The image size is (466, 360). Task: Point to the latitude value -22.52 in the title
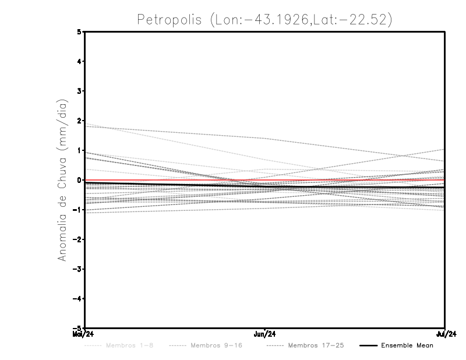pyautogui.click(x=363, y=19)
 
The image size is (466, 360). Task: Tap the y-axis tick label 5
pyautogui.click(x=79, y=31)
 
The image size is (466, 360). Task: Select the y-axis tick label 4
pyautogui.click(x=79, y=61)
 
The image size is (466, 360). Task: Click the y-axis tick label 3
pyautogui.click(x=79, y=91)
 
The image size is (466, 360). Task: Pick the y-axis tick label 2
pyautogui.click(x=79, y=121)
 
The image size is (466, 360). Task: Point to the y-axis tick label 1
pyautogui.click(x=79, y=150)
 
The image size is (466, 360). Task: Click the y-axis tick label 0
pyautogui.click(x=79, y=180)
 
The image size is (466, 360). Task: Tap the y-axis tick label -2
pyautogui.click(x=77, y=239)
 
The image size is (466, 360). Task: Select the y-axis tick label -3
pyautogui.click(x=77, y=269)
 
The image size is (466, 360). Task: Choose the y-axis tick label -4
pyautogui.click(x=77, y=299)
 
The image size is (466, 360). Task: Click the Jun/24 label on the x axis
pyautogui.click(x=265, y=334)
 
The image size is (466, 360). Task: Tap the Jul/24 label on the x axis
pyautogui.click(x=445, y=334)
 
